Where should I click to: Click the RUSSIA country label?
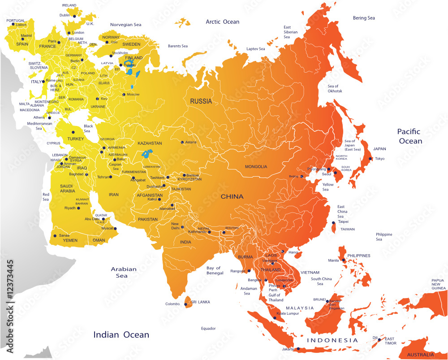tap(201, 101)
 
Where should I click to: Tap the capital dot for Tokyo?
tap(370, 159)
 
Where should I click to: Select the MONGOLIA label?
tap(256, 167)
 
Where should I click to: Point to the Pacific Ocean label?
tap(409, 136)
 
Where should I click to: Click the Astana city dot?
tap(182, 143)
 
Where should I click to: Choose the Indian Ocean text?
tap(121, 334)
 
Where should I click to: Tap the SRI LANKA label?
tap(201, 302)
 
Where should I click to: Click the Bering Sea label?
tap(364, 18)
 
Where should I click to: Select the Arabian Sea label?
tap(124, 272)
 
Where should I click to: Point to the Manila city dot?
tap(343, 260)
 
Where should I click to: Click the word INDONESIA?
tap(332, 340)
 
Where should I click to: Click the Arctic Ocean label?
tap(222, 22)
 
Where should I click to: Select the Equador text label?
tap(208, 329)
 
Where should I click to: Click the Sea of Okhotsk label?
tap(335, 88)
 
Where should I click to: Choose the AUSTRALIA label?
tap(420, 355)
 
